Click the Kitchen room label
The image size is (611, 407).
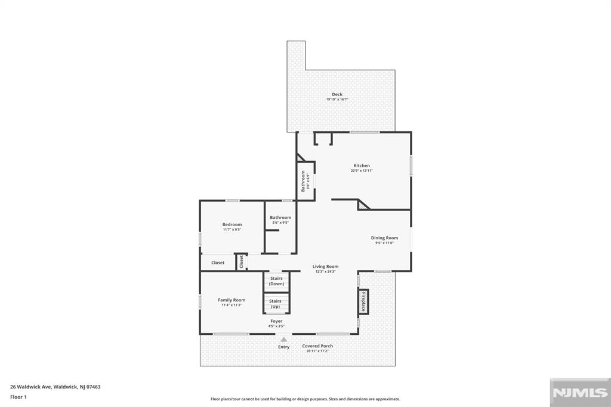tap(362, 165)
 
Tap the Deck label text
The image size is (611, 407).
tap(337, 94)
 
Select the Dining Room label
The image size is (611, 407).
tap(384, 238)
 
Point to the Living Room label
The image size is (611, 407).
tap(325, 266)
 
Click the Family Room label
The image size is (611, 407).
tap(232, 300)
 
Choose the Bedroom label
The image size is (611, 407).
tap(232, 224)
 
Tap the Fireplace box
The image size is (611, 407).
tap(363, 301)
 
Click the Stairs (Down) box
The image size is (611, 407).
tap(276, 281)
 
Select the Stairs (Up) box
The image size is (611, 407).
tap(276, 303)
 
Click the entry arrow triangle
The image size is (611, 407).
tap(284, 339)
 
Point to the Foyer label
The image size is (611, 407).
tap(276, 321)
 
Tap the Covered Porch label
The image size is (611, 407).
tap(317, 346)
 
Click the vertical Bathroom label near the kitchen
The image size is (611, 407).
tap(304, 181)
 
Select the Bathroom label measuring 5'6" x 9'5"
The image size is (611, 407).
tap(280, 217)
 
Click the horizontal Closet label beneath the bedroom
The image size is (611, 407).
tap(218, 263)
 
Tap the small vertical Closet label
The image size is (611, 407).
tap(242, 262)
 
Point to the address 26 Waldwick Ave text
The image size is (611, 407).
tap(55, 387)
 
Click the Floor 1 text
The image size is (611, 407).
tap(18, 396)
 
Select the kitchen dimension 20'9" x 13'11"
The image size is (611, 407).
tap(362, 171)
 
